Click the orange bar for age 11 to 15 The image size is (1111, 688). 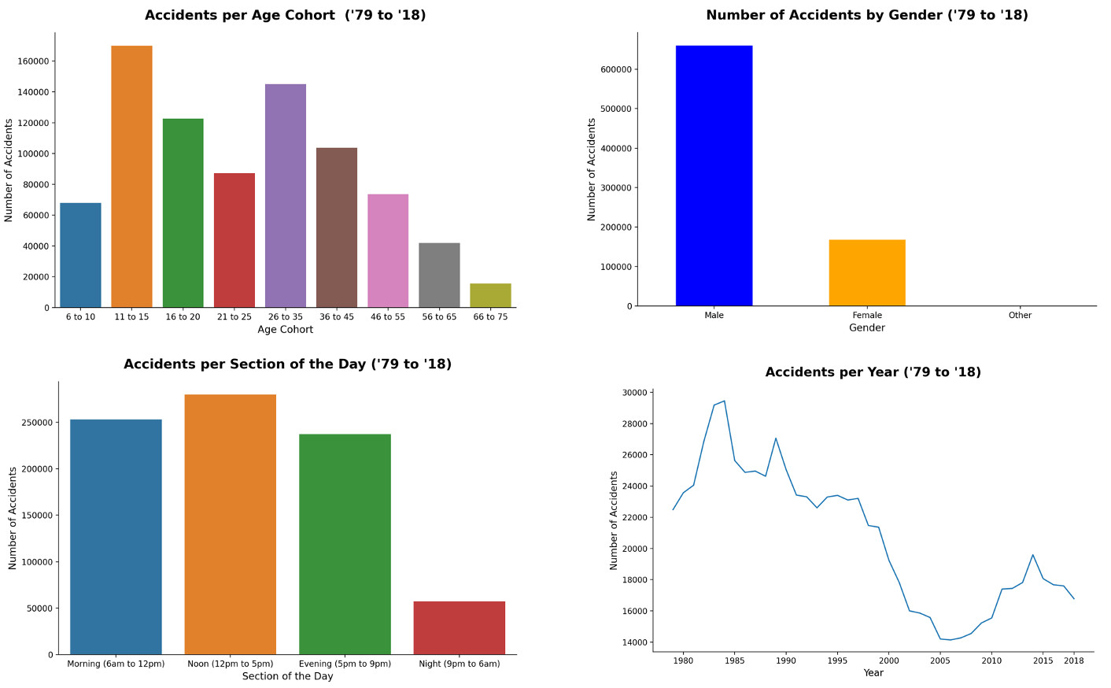click(131, 176)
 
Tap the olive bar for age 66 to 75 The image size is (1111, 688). click(490, 295)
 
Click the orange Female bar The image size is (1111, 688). click(867, 272)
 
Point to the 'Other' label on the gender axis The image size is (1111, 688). click(1020, 316)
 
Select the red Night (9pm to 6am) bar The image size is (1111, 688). click(459, 627)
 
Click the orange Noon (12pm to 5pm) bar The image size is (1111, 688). click(230, 524)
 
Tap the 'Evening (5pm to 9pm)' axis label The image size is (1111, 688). click(345, 664)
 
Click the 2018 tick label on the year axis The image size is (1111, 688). click(1074, 661)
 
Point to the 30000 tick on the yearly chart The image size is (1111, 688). click(633, 393)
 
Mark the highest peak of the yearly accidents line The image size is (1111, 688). click(724, 401)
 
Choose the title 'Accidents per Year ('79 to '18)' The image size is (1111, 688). click(873, 372)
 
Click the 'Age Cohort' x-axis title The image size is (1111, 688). click(285, 330)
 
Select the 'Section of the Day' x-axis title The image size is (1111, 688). click(287, 676)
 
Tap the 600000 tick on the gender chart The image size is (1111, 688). click(616, 69)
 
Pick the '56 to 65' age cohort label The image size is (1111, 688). click(439, 317)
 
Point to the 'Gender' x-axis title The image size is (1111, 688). click(866, 328)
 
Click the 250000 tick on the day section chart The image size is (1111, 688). click(36, 423)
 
